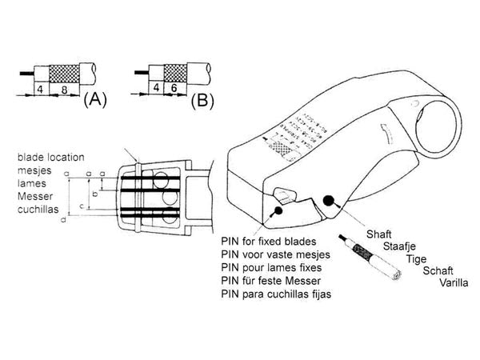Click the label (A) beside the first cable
(x=96, y=100)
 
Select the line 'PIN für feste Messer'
(x=270, y=281)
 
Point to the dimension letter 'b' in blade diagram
(x=96, y=194)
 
